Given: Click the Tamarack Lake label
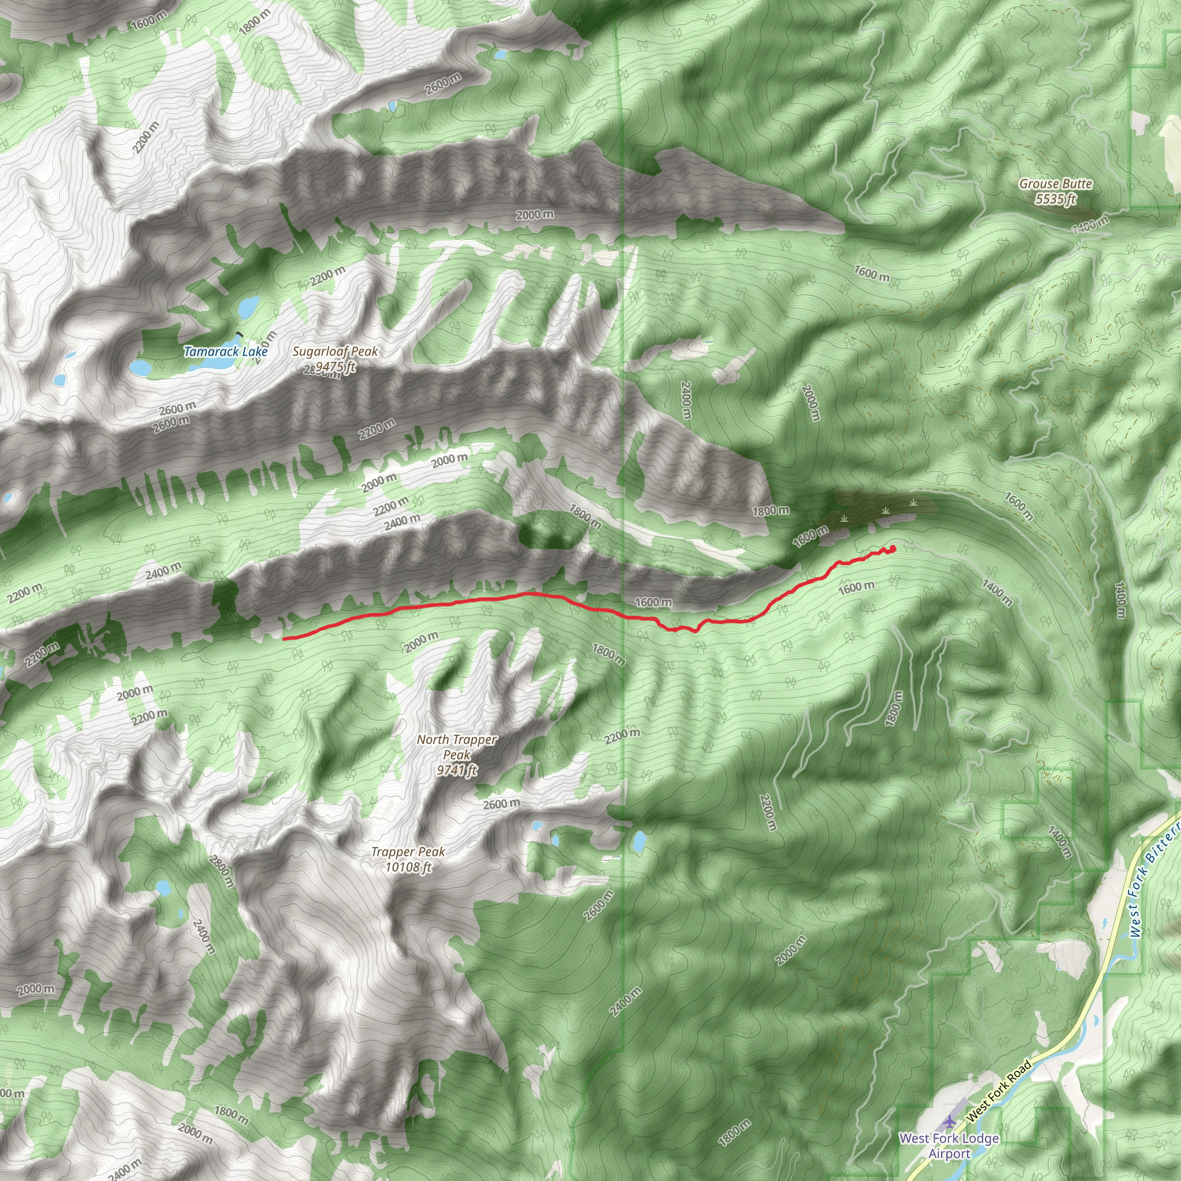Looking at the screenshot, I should click(x=225, y=352).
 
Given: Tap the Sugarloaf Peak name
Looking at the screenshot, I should click(x=335, y=352).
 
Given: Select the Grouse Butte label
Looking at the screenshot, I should click(x=1055, y=183).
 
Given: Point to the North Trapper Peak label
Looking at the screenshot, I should click(x=457, y=747).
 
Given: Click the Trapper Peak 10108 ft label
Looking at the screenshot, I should click(x=408, y=859).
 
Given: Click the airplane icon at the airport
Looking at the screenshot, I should click(x=949, y=1122).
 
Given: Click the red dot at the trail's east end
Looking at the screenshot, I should click(x=893, y=548).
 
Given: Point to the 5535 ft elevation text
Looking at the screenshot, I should click(x=1055, y=199).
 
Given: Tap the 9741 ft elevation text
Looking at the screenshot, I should click(x=457, y=770).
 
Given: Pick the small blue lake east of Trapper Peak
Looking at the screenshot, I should click(x=639, y=843).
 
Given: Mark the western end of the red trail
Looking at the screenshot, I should click(x=284, y=638).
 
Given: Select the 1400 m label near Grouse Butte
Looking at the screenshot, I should click(x=1089, y=225).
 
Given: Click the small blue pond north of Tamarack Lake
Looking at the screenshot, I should click(x=248, y=306).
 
